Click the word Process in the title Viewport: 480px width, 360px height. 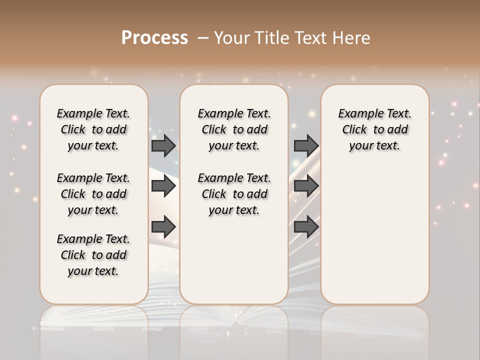pos(154,37)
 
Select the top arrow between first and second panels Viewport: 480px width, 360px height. pos(163,145)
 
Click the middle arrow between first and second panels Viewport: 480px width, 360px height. pos(163,186)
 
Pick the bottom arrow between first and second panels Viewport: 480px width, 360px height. pos(163,226)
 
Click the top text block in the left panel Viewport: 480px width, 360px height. pos(93,129)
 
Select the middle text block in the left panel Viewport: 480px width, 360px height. pos(93,194)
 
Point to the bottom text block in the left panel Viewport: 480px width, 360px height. pos(93,255)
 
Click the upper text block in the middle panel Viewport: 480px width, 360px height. pos(234,129)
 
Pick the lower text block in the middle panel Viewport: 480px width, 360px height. pos(234,194)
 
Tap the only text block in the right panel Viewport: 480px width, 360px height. pos(374,129)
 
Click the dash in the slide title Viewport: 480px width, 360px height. pos(203,37)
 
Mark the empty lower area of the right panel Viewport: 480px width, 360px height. pos(374,230)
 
